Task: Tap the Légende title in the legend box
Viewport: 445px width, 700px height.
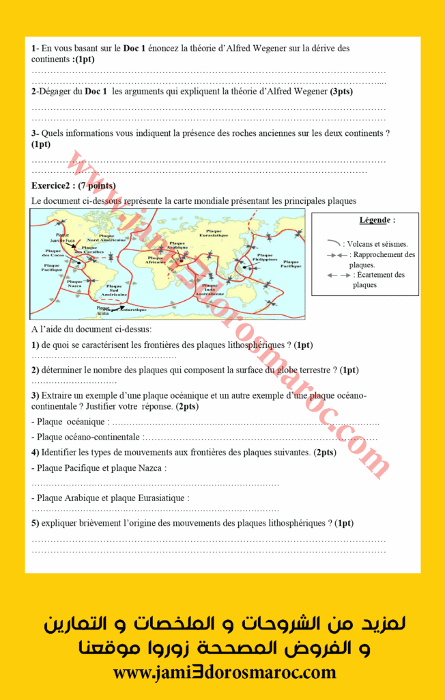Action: pyautogui.click(x=377, y=220)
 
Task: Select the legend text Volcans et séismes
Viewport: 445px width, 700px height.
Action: pyautogui.click(x=377, y=243)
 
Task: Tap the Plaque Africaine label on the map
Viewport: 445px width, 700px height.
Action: pyautogui.click(x=156, y=260)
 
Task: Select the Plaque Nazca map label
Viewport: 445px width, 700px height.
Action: pyautogui.click(x=74, y=283)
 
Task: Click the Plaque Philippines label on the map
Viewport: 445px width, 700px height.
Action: pyautogui.click(x=265, y=258)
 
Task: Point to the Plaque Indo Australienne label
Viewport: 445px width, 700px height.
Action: pyautogui.click(x=210, y=288)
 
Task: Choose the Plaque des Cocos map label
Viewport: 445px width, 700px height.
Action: pyautogui.click(x=54, y=253)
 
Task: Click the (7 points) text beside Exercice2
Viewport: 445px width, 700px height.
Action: pyautogui.click(x=97, y=185)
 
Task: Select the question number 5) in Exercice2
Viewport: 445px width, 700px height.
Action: pyautogui.click(x=35, y=523)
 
